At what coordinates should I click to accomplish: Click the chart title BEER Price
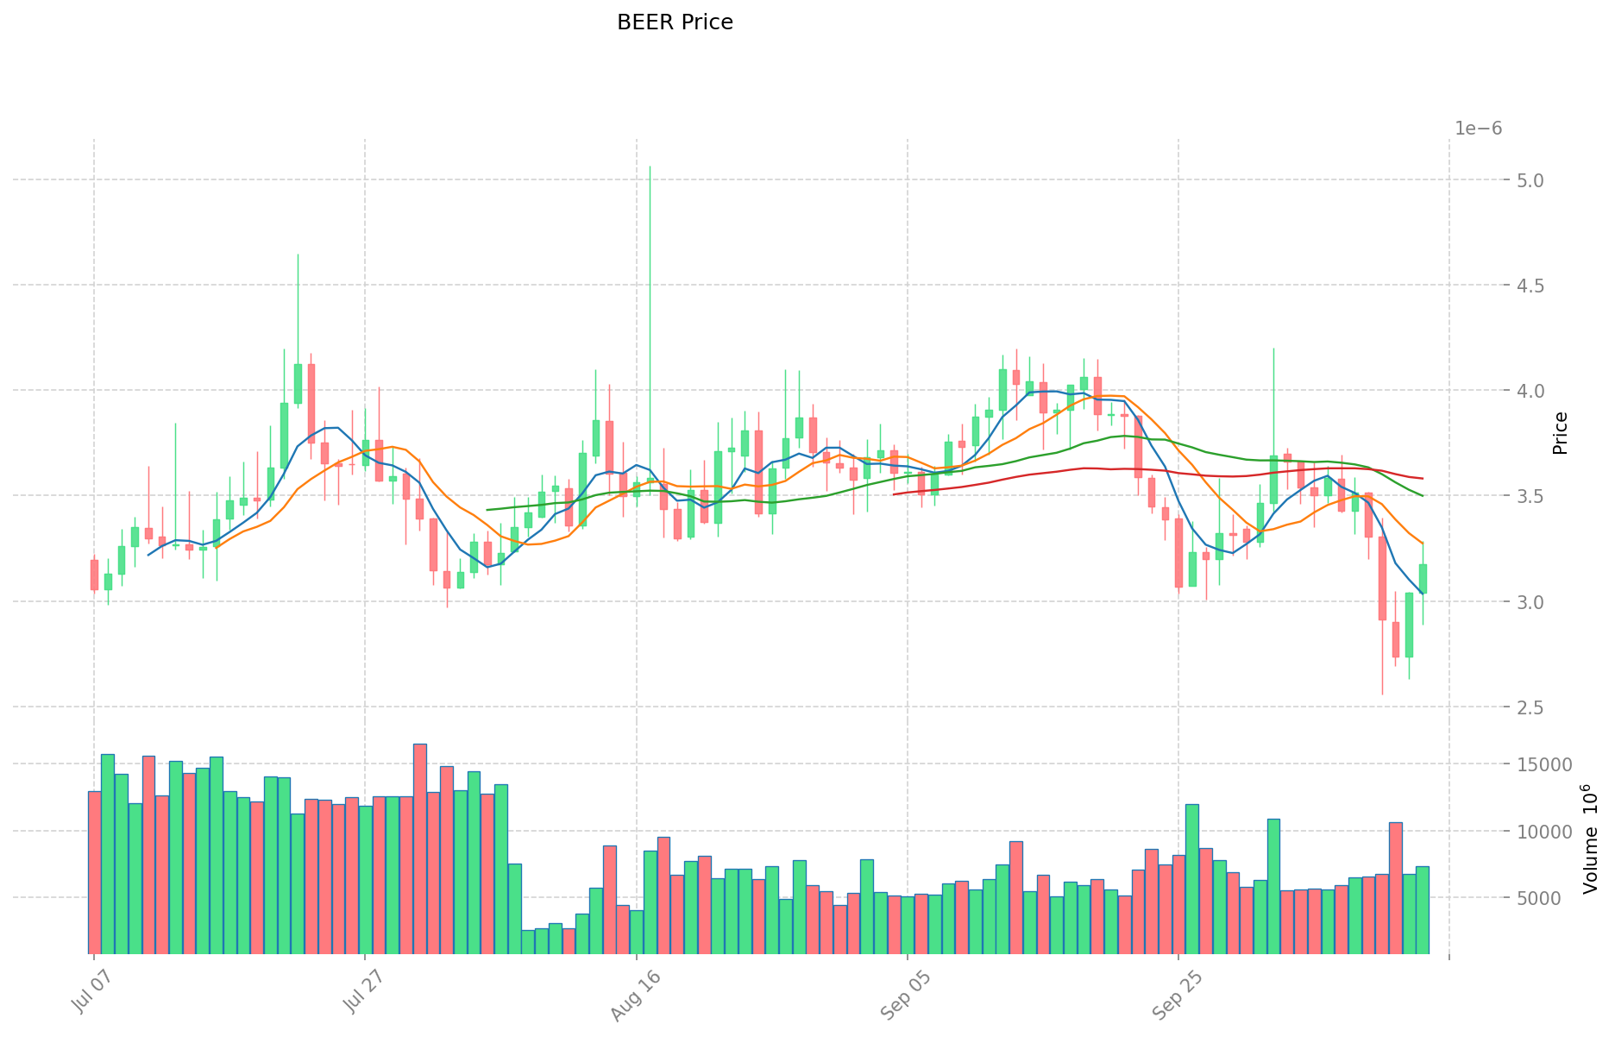(x=675, y=22)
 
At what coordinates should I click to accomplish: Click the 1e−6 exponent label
(x=1478, y=129)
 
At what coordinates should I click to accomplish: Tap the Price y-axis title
(x=1560, y=433)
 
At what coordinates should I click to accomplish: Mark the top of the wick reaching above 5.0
(x=650, y=167)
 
